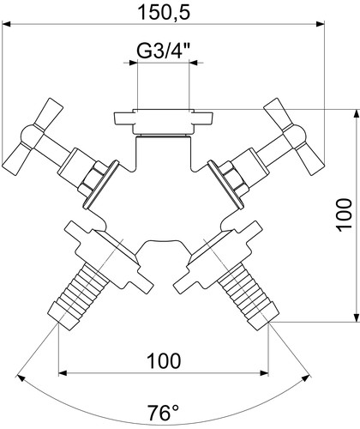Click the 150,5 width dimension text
[164, 12]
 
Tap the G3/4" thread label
[164, 51]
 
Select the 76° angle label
[164, 414]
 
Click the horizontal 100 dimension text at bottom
[164, 360]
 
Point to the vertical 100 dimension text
[344, 215]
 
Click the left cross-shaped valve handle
[33, 136]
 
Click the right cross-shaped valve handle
[295, 136]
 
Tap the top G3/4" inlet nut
[164, 122]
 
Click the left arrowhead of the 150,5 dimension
[6, 24]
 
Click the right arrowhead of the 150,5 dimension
[320, 24]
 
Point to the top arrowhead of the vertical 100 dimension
[356, 113]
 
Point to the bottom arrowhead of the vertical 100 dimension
[356, 317]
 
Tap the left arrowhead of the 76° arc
[21, 378]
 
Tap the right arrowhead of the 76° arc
[306, 378]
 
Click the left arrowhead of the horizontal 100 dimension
[63, 373]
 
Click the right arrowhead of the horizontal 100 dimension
[264, 373]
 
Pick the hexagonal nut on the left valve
[92, 178]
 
